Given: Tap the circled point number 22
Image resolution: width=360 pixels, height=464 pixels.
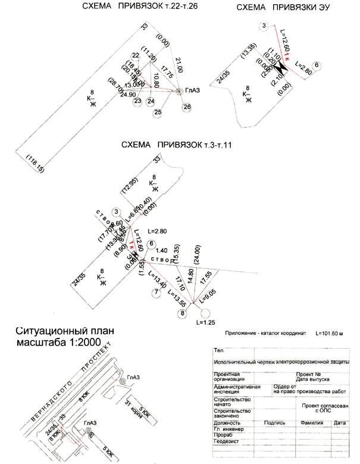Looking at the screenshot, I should [136, 55].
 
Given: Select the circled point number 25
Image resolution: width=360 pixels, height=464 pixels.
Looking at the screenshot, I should [158, 112].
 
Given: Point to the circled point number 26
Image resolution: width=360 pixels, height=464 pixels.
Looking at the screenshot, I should [187, 106].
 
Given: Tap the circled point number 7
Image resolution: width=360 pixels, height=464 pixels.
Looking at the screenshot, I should [156, 292].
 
